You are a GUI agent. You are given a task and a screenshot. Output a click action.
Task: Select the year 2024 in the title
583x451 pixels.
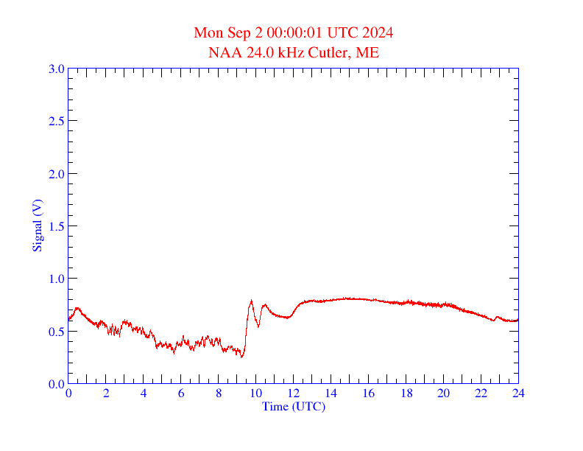377,33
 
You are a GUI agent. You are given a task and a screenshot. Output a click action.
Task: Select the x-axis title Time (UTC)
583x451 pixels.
294,406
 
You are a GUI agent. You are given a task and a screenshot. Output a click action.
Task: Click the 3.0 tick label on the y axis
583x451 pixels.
56,69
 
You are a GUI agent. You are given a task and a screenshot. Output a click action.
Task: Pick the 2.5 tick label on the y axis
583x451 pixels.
56,121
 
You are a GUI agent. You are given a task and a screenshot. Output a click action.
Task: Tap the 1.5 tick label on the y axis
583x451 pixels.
56,226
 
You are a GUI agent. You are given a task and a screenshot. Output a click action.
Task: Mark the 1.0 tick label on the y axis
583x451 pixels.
56,279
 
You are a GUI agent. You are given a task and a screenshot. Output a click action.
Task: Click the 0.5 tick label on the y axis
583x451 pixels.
56,332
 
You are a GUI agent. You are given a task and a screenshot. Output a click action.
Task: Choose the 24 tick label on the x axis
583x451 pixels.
518,394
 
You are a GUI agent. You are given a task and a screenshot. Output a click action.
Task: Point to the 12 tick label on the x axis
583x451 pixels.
294,394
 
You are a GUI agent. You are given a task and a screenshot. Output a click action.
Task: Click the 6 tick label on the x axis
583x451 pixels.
181,394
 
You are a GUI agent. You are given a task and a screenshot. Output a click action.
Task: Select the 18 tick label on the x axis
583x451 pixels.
406,394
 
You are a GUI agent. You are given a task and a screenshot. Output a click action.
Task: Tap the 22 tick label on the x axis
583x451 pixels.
481,394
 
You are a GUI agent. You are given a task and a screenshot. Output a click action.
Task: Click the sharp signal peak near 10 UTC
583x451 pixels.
251,301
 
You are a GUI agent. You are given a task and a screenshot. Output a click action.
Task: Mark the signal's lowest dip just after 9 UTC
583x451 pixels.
241,357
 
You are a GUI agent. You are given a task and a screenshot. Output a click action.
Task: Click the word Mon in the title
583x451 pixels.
207,33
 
